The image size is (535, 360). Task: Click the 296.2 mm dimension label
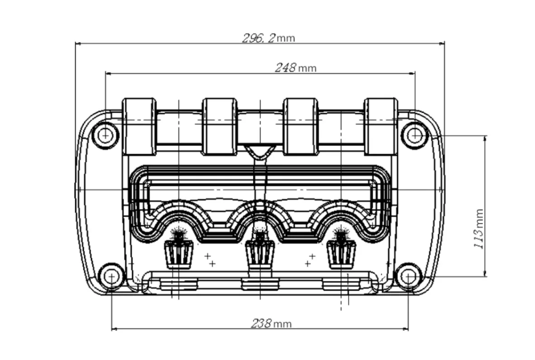[268, 38]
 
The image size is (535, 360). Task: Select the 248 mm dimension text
[296, 67]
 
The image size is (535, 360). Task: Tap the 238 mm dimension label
[271, 323]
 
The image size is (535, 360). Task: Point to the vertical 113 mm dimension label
[479, 229]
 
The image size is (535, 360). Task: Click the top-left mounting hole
[106, 135]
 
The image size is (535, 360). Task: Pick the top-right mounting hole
[415, 135]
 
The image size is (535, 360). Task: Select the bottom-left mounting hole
[111, 277]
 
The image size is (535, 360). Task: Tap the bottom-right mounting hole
[408, 277]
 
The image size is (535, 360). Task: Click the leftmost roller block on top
[139, 127]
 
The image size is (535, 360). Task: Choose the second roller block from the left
[220, 127]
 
